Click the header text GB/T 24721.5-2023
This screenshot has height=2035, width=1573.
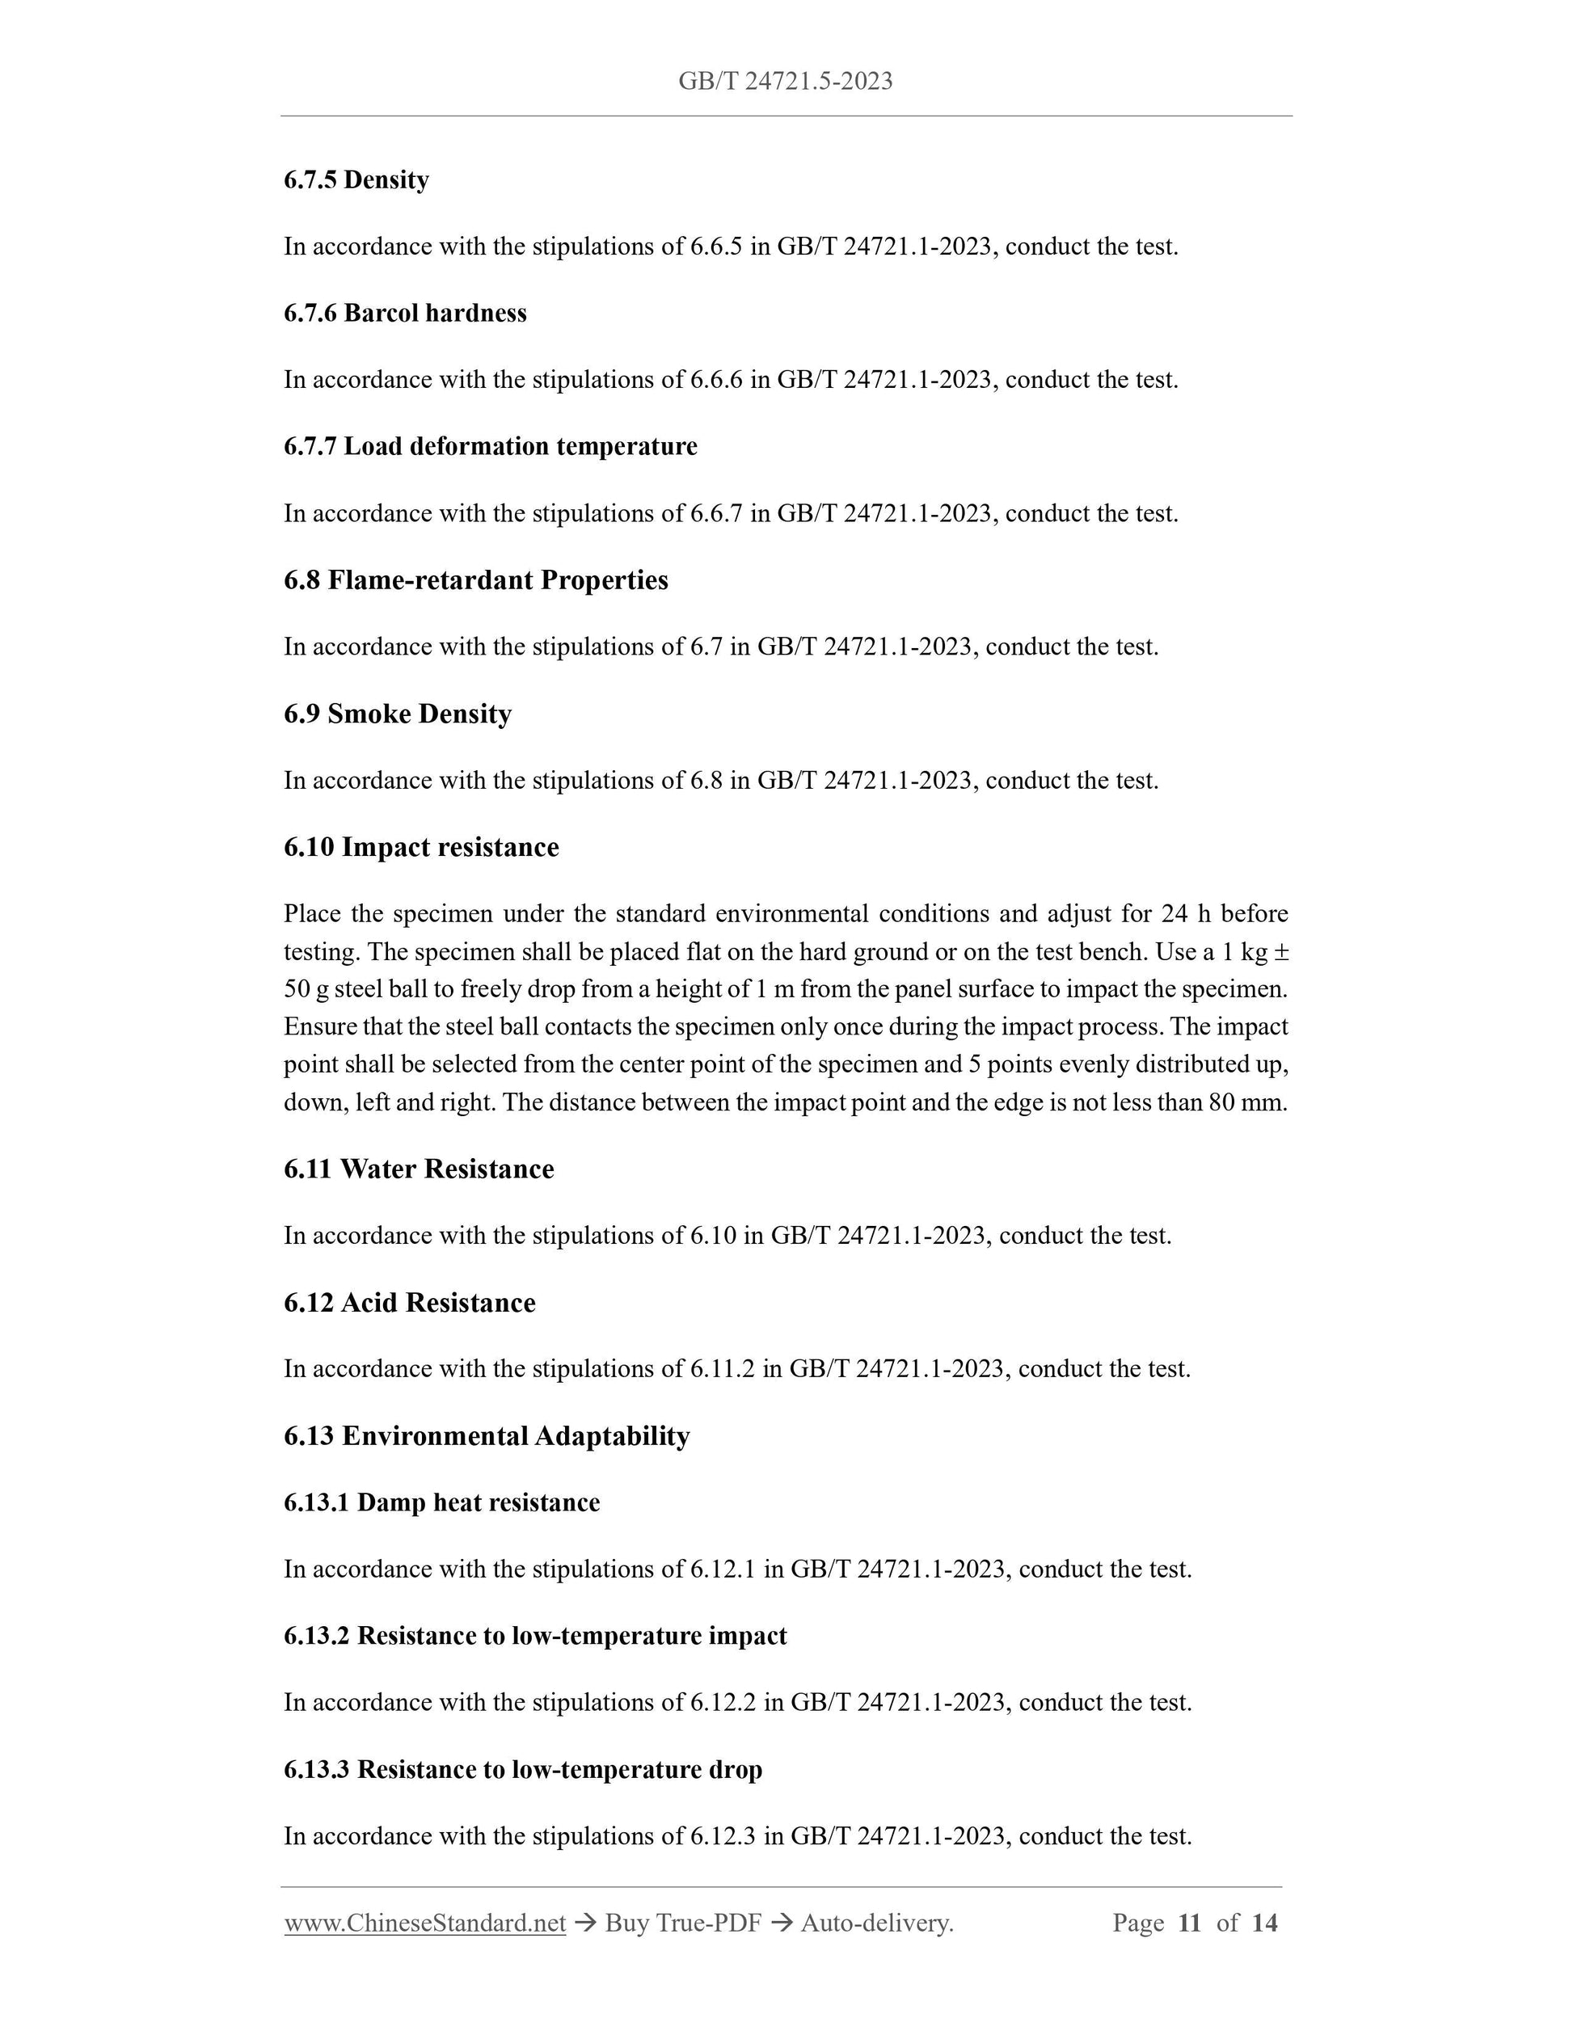pyautogui.click(x=785, y=82)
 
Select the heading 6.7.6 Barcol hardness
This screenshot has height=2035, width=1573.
pyautogui.click(x=404, y=313)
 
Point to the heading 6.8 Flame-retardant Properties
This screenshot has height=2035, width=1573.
pyautogui.click(x=475, y=580)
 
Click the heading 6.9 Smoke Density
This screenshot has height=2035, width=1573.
pyautogui.click(x=398, y=714)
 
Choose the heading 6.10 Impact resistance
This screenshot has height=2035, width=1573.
pyautogui.click(x=421, y=847)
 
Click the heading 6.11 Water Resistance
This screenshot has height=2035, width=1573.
pyautogui.click(x=419, y=1169)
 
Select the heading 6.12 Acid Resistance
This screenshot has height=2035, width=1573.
pyautogui.click(x=409, y=1303)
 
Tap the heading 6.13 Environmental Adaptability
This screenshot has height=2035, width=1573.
pyautogui.click(x=487, y=1436)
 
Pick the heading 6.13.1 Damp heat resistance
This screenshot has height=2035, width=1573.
pyautogui.click(x=441, y=1503)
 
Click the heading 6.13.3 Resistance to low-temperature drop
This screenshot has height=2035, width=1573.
pyautogui.click(x=523, y=1769)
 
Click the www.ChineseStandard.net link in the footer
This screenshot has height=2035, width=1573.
pyautogui.click(x=425, y=1923)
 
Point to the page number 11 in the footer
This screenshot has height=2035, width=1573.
pyautogui.click(x=1189, y=1923)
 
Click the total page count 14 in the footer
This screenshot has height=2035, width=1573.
pyautogui.click(x=1263, y=1923)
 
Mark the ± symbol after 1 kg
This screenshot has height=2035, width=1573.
pyautogui.click(x=1281, y=952)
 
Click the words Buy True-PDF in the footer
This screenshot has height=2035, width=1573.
pyautogui.click(x=683, y=1923)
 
